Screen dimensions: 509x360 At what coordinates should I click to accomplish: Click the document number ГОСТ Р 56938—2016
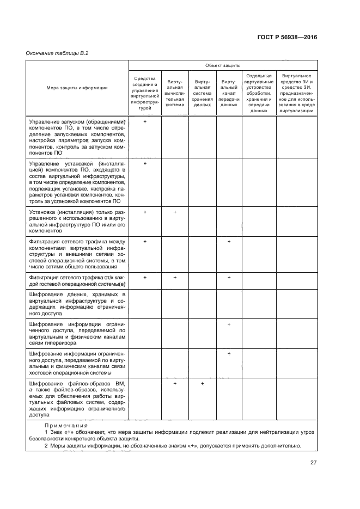286,38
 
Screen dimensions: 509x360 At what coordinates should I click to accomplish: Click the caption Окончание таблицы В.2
57,53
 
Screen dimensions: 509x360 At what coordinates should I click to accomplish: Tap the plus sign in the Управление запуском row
145,121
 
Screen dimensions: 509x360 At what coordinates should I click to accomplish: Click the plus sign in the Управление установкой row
145,163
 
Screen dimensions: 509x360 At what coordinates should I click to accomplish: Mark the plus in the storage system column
202,384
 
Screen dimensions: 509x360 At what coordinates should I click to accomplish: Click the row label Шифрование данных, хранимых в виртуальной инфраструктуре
77,304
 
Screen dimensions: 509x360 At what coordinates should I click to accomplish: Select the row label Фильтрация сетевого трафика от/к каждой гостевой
77,280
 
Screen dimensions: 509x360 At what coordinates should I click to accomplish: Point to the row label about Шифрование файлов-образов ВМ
77,399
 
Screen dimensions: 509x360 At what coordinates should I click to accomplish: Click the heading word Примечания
65,426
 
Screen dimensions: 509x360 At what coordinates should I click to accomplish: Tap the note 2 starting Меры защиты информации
172,445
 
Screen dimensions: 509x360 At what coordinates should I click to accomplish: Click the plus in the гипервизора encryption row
229,324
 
